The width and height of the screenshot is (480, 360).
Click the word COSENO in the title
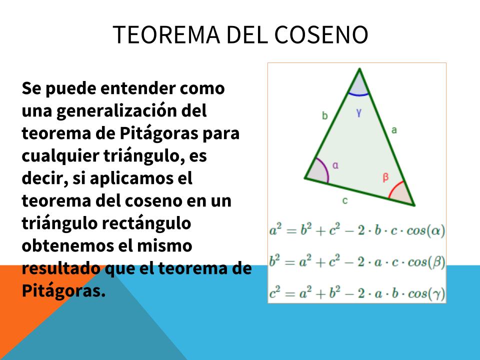[x=321, y=34]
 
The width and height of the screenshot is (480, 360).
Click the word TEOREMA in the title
[x=166, y=34]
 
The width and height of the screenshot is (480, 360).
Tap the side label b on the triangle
[x=325, y=115]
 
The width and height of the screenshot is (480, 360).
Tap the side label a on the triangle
[x=394, y=130]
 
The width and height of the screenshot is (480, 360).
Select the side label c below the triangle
[x=345, y=201]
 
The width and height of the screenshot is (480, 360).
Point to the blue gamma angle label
[x=359, y=113]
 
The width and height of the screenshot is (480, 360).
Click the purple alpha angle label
[x=335, y=165]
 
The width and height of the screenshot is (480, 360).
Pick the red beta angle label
[x=385, y=177]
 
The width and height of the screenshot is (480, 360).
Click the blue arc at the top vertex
[x=358, y=95]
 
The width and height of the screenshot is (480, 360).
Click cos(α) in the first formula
[x=425, y=230]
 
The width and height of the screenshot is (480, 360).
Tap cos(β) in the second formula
[x=426, y=262]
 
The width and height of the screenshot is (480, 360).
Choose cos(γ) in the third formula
[x=426, y=294]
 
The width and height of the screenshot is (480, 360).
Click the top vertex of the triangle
[x=359, y=69]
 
